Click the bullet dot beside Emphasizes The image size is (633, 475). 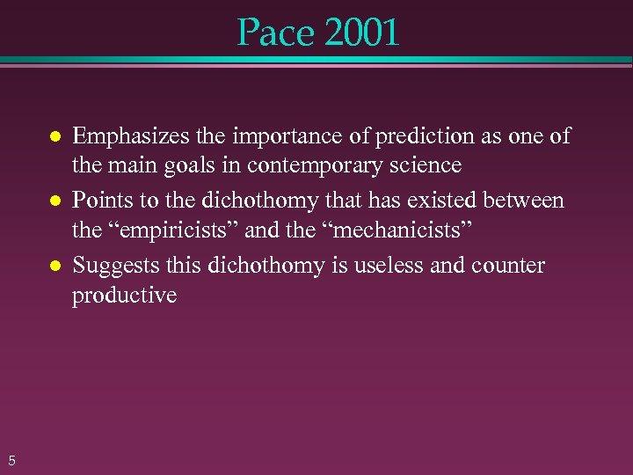pyautogui.click(x=54, y=137)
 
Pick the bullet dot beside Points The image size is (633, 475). pyautogui.click(x=54, y=201)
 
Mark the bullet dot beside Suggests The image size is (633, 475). pyautogui.click(x=54, y=266)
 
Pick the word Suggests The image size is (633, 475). pyautogui.click(x=111, y=266)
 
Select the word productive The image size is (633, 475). pyautogui.click(x=124, y=296)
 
